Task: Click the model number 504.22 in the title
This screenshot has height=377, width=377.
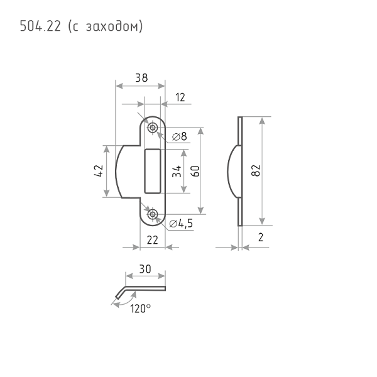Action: point(40,26)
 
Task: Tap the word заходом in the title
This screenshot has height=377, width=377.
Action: point(112,26)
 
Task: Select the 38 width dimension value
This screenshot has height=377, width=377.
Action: point(141,78)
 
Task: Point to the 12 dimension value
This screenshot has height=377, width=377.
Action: point(180,97)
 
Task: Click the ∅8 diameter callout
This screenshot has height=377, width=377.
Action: point(180,136)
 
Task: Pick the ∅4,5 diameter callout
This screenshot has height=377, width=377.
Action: point(181,224)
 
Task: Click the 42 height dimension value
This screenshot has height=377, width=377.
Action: point(99,171)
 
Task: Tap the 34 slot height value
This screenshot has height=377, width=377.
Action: point(177,171)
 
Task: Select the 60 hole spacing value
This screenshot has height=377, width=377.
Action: point(195,171)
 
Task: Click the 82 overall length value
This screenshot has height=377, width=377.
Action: point(256,170)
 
